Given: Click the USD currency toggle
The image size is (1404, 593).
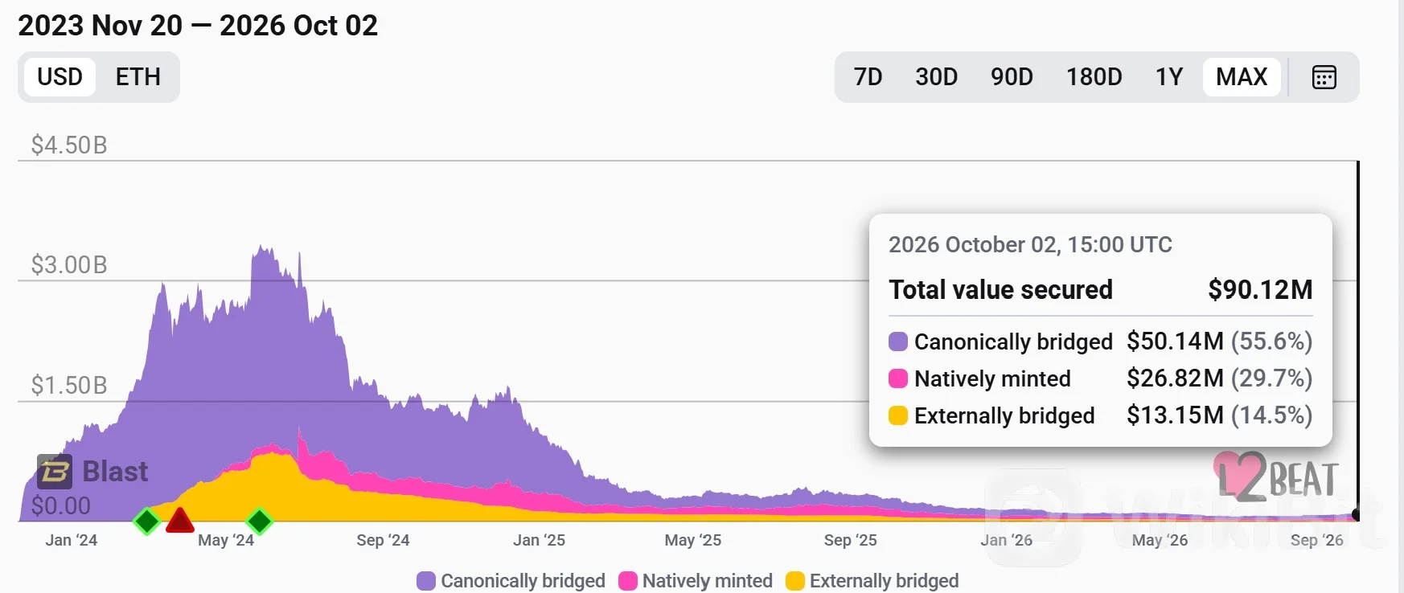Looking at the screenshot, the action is tap(60, 77).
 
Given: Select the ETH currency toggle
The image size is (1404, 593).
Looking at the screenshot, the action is tap(138, 77).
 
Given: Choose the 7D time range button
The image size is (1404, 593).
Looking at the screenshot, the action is tap(868, 77).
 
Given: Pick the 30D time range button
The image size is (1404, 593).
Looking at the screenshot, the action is tap(937, 77).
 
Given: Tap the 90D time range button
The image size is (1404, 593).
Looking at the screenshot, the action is tap(1012, 77).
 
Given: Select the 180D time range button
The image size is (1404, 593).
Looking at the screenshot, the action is tap(1094, 77).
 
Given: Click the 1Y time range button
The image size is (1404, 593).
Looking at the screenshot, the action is tap(1169, 77).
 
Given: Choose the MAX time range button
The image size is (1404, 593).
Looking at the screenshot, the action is tap(1242, 77).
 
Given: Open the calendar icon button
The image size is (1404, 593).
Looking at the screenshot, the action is tap(1324, 77).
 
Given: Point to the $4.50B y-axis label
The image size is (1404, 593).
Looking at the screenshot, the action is tap(69, 145).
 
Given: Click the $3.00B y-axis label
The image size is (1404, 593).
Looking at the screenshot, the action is tap(69, 265).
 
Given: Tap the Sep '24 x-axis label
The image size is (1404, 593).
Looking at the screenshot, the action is tap(383, 540).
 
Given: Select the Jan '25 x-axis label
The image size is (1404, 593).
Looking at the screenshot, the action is tap(539, 540).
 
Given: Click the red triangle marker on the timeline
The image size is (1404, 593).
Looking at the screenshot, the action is tap(180, 521).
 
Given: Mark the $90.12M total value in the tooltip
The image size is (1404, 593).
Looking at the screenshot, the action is tap(1260, 290).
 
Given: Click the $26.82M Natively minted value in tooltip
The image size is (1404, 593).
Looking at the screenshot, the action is tap(1175, 378).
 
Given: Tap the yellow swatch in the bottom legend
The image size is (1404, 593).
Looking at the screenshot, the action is tap(795, 581).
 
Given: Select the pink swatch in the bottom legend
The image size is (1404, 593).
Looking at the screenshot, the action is tap(628, 581).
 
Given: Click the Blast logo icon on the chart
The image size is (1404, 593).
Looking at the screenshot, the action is tap(55, 472).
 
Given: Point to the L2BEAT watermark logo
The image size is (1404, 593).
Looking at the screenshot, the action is tap(1275, 477).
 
